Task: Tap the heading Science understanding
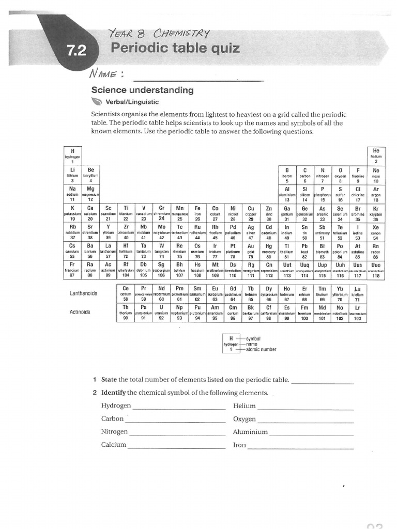[142, 90]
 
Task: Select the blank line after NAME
[199, 80]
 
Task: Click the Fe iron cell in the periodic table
[197, 212]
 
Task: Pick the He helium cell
[376, 155]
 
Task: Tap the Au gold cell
[251, 251]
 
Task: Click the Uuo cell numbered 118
[376, 270]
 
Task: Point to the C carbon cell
[304, 175]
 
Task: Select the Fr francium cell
[72, 270]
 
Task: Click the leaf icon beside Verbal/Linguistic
[97, 102]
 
